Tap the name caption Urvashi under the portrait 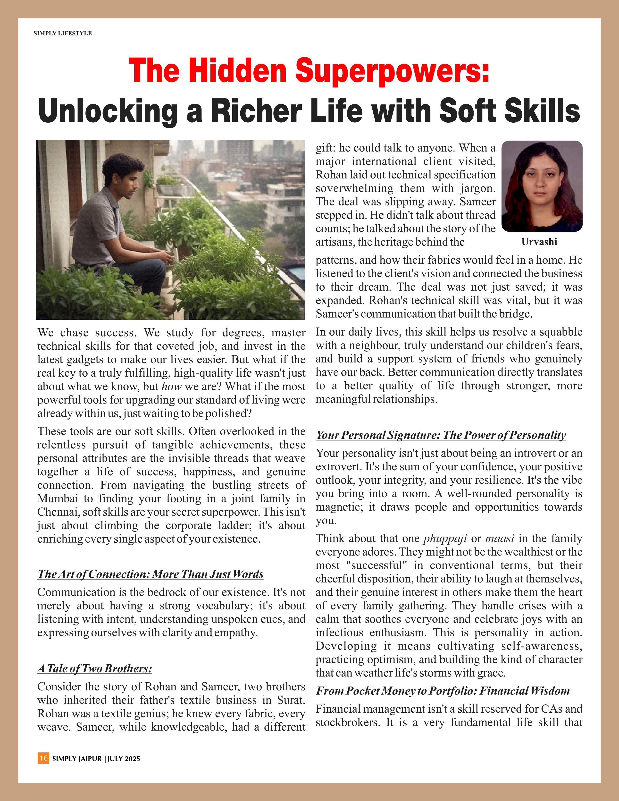539,242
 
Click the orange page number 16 43,758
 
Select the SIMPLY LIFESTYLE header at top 63,33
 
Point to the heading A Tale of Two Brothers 95,669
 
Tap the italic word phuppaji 445,538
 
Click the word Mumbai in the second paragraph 58,499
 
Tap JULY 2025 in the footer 124,759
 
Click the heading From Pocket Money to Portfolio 443,691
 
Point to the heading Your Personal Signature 441,435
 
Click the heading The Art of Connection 150,574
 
